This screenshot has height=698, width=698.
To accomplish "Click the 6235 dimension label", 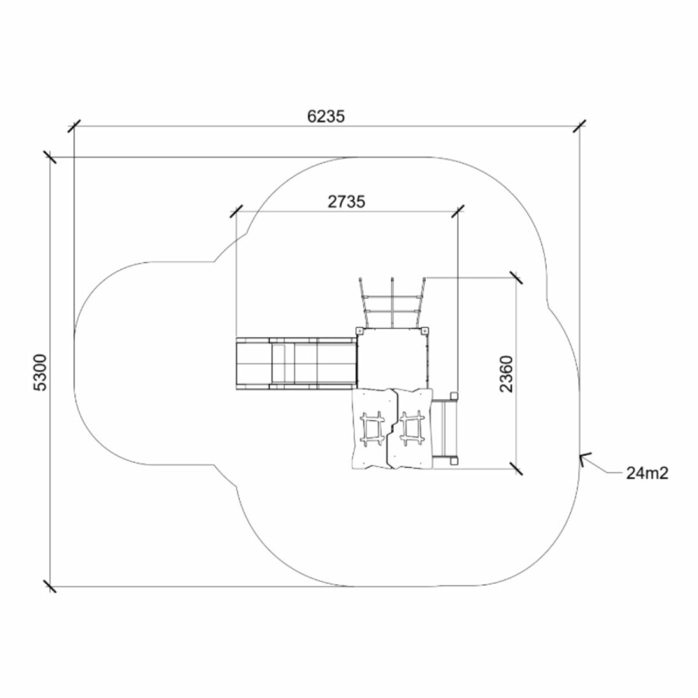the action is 326,116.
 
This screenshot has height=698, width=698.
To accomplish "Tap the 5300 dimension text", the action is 40,372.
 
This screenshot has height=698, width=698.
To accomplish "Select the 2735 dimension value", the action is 347,202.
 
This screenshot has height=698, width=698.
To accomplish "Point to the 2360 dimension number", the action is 506,374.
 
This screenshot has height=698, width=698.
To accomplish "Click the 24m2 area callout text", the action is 648,473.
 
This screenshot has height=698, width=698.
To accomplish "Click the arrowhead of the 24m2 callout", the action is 583,458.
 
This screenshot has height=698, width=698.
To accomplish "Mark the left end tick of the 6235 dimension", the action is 74,126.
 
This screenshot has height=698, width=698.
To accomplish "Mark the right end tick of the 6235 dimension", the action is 579,126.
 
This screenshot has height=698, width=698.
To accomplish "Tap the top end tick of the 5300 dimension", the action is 50,157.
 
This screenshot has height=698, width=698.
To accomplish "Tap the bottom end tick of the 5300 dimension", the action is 50,586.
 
